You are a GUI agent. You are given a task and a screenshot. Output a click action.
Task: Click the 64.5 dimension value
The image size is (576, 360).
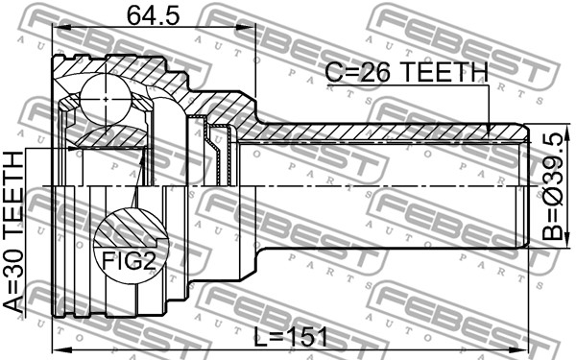click(x=154, y=15)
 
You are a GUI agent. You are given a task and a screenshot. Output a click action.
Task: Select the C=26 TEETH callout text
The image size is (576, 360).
click(x=407, y=72)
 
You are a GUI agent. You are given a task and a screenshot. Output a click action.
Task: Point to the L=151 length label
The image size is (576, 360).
click(x=291, y=337)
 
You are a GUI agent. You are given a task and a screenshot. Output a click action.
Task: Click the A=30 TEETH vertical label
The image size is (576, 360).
click(x=13, y=231)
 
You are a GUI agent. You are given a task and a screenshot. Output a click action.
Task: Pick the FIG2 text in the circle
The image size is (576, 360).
click(x=129, y=260)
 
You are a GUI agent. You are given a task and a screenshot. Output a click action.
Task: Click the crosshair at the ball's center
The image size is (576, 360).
click(x=106, y=99)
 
